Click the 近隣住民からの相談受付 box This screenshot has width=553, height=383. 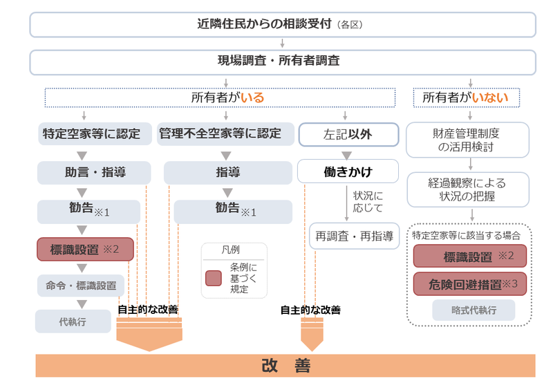(x=282, y=25)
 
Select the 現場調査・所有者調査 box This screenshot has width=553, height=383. (x=282, y=62)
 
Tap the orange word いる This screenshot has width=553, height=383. (x=252, y=98)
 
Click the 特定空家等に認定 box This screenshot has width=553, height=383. (x=91, y=134)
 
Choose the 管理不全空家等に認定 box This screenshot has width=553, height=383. (x=220, y=134)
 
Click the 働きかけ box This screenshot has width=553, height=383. (x=348, y=171)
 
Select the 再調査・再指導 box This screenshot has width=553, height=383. (x=353, y=236)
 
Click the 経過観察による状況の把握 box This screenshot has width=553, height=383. (x=468, y=189)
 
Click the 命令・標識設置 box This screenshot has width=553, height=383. (x=82, y=285)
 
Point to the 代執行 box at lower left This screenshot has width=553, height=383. (x=73, y=321)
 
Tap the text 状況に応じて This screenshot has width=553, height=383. (x=367, y=201)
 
